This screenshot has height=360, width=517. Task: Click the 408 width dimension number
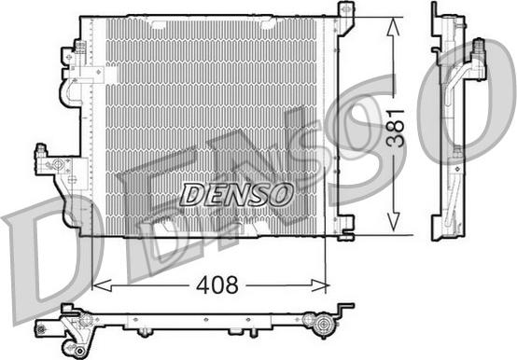pos(217,284)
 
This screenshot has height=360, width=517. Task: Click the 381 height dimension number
pos(396,128)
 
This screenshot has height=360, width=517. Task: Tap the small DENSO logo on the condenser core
pos(237,194)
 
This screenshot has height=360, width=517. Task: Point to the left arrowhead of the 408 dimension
pos(102,285)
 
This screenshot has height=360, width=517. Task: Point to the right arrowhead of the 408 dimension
pos(320,285)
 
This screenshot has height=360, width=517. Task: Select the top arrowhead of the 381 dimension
pos(392,26)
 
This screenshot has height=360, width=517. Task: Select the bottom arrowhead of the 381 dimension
pos(392,221)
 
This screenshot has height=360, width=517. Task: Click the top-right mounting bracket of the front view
pos(345,18)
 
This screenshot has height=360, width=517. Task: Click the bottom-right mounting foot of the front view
pos(345,228)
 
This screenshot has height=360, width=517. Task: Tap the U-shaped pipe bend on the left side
pos(70,93)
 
